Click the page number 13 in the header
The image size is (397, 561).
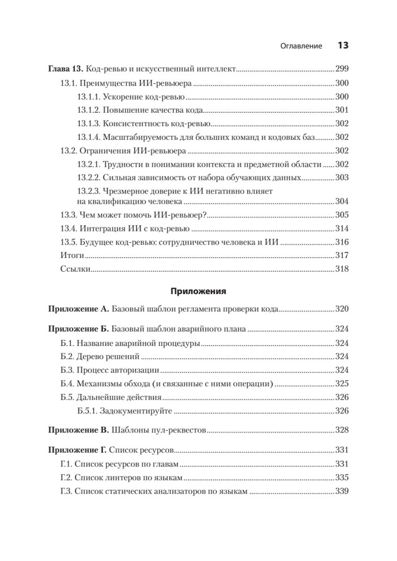tap(343, 45)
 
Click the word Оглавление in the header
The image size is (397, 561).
tap(301, 46)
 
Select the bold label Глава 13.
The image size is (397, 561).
tap(65, 69)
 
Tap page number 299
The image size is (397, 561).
tap(342, 69)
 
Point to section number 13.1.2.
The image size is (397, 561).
tap(88, 110)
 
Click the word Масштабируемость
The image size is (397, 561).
tap(136, 137)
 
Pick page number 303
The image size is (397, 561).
tap(342, 178)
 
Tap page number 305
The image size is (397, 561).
tap(342, 215)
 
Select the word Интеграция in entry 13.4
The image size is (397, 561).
tap(100, 229)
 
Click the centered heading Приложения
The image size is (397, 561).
tap(198, 291)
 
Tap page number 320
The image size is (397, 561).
tap(342, 309)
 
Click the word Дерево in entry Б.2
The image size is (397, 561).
tap(88, 357)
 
